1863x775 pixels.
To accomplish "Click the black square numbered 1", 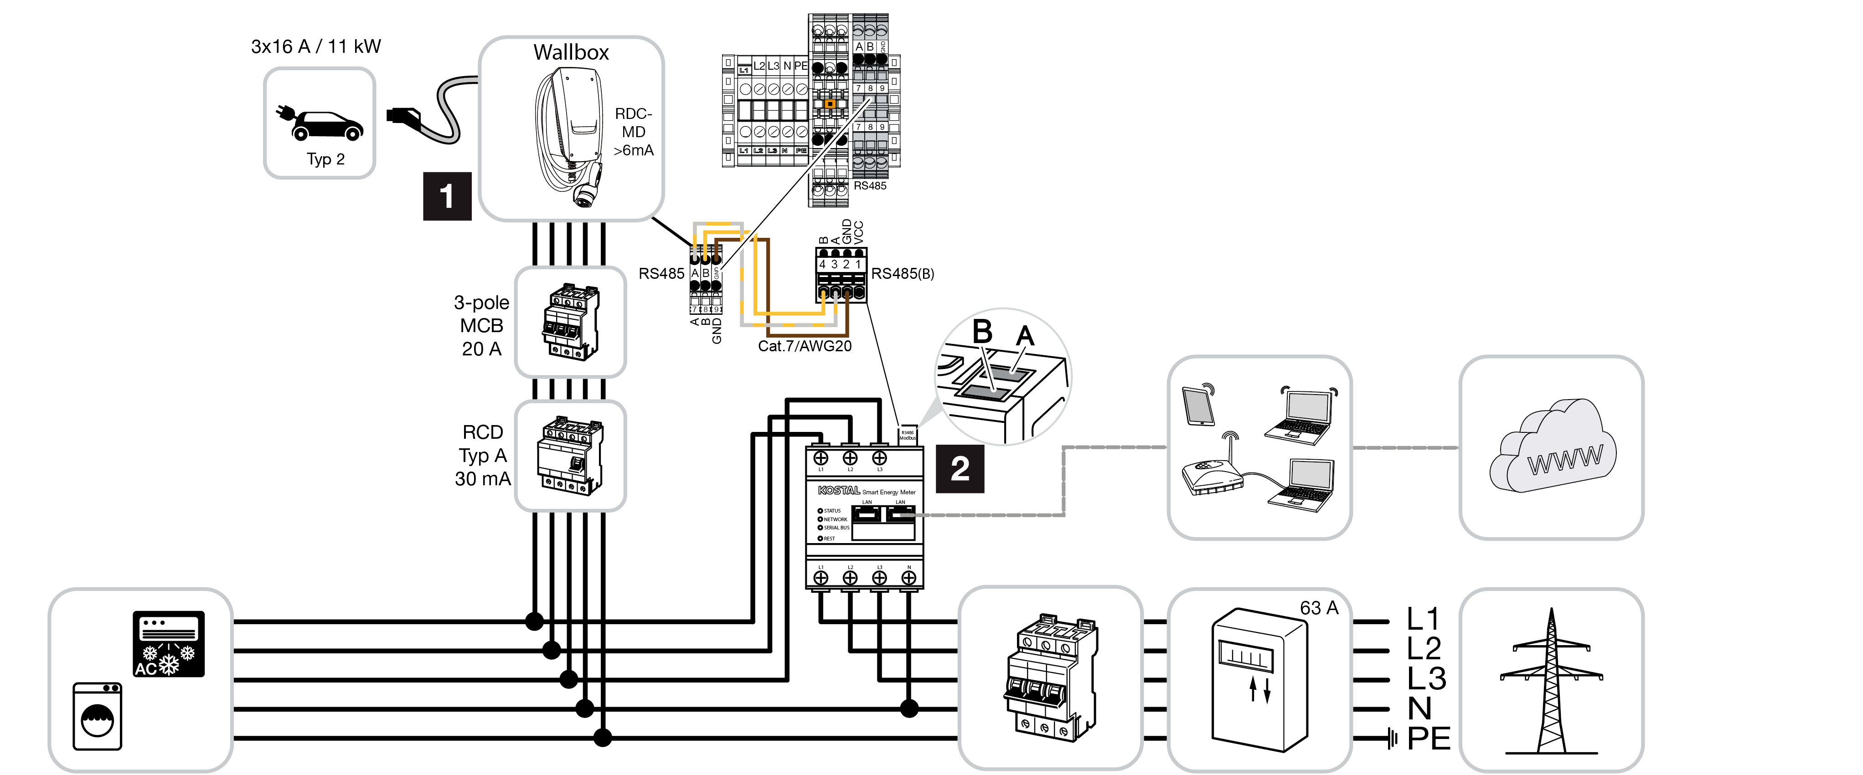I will (x=447, y=196).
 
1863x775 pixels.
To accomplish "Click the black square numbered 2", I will (x=960, y=469).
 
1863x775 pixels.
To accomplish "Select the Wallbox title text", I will (x=571, y=53).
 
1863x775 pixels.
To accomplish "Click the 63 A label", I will (x=1318, y=608).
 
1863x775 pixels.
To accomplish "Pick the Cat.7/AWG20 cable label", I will (x=804, y=346).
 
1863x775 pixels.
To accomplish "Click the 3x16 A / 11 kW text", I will (x=315, y=47).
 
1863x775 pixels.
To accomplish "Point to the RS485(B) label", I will (x=903, y=274).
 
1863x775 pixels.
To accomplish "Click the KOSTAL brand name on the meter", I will (x=838, y=491).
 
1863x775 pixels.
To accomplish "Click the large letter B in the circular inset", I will (x=982, y=333).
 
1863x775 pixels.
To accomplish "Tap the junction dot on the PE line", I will (x=602, y=737).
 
